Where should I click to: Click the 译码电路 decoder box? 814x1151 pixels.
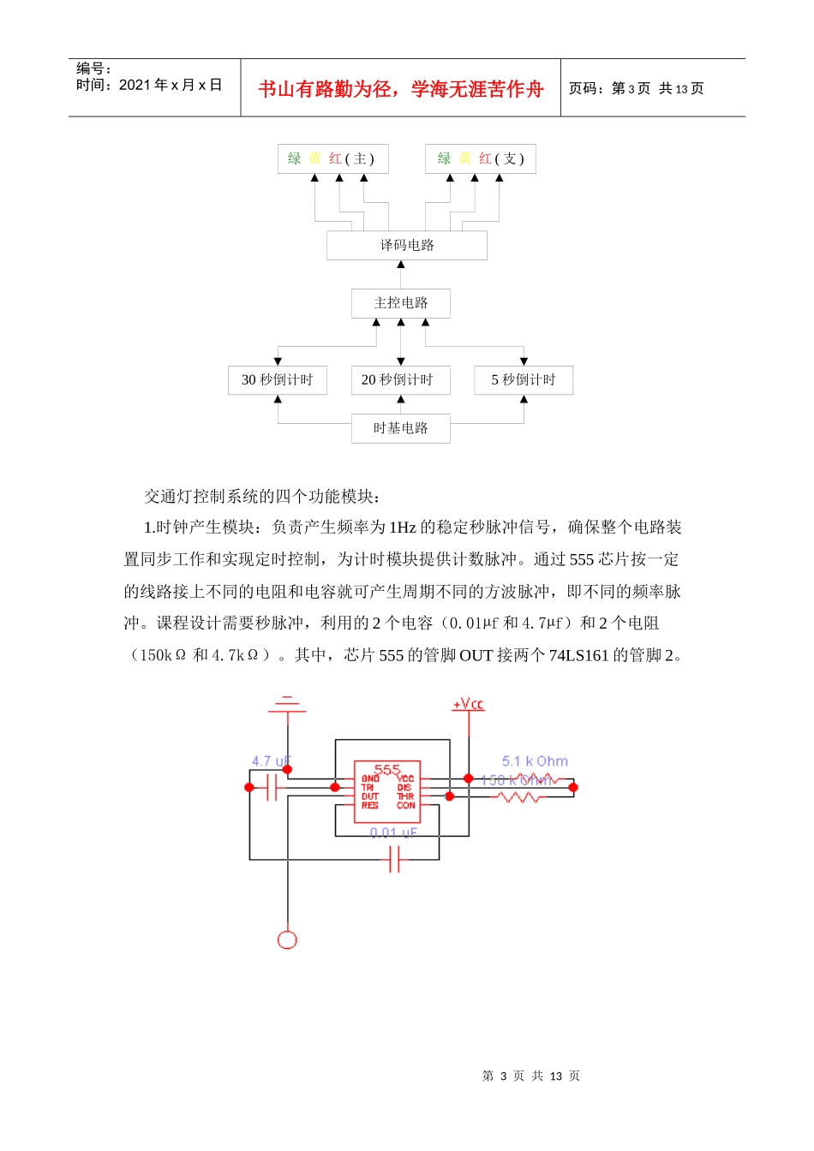(406, 246)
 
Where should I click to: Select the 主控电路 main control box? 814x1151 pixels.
(400, 303)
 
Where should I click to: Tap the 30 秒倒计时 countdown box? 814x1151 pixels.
(277, 380)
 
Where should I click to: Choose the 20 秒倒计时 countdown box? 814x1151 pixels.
(400, 380)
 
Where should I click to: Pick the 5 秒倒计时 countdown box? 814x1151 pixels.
(523, 380)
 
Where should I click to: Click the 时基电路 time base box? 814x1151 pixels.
(400, 428)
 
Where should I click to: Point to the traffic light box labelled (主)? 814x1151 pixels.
(332, 159)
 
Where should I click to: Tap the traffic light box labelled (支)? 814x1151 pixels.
(480, 159)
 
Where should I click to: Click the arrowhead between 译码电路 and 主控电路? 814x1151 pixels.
(400, 265)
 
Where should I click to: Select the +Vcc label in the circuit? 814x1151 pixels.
(468, 704)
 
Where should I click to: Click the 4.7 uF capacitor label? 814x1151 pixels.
(271, 761)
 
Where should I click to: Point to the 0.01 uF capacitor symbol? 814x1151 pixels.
(394, 858)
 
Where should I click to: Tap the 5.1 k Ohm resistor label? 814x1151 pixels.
(535, 761)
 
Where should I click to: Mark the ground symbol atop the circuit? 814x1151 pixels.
(287, 705)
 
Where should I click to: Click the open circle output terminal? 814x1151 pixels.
(287, 939)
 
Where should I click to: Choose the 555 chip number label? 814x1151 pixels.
(387, 769)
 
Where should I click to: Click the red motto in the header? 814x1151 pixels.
(401, 89)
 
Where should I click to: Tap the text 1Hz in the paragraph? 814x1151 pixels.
(402, 528)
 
